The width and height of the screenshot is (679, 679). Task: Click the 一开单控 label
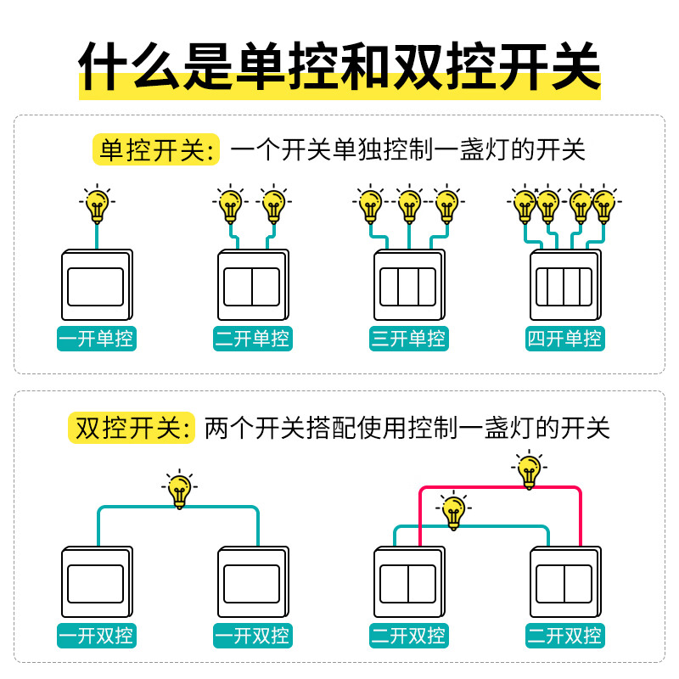[96, 339]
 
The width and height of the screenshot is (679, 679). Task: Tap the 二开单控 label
[252, 339]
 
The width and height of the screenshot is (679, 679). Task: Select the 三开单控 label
[408, 339]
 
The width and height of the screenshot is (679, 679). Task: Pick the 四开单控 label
[564, 339]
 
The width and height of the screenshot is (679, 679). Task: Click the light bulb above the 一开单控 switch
[97, 204]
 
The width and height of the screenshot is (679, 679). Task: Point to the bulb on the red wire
[529, 469]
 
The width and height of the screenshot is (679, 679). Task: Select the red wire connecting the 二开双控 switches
[501, 488]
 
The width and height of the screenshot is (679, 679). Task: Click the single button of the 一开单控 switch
[96, 287]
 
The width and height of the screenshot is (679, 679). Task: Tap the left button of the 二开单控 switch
[238, 287]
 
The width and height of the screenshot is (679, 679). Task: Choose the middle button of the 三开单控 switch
[408, 287]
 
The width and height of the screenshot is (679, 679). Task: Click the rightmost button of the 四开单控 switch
[583, 287]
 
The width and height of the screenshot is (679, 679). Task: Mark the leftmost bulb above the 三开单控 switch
[369, 204]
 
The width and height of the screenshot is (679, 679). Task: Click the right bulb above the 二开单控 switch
[272, 204]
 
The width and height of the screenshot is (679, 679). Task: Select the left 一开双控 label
[96, 635]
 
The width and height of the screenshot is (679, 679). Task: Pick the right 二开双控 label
[564, 635]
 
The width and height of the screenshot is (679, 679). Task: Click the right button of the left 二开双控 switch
[423, 583]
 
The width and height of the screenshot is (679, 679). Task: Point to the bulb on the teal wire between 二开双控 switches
[453, 511]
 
